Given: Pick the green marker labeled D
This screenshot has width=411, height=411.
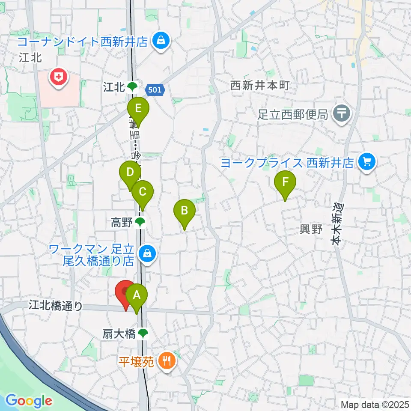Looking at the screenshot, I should (130, 173).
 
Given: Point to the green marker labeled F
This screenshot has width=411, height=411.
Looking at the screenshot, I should (285, 182).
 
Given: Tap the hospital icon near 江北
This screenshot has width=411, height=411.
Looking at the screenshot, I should (57, 77).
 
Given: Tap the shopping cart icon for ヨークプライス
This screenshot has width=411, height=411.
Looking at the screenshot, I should (367, 162).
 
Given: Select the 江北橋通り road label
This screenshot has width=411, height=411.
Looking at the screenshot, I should (56, 305).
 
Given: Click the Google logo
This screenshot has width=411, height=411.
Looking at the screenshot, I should (29, 401).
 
